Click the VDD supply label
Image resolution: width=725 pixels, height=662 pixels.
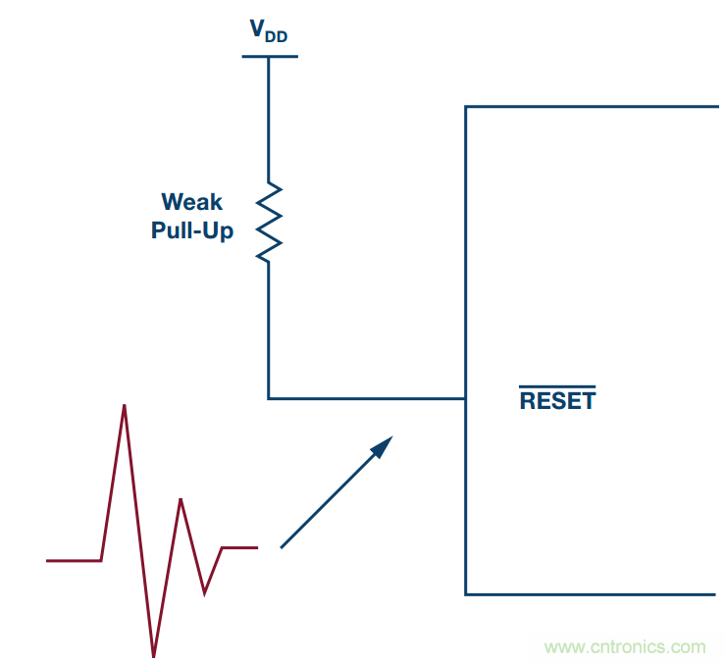pyautogui.click(x=269, y=31)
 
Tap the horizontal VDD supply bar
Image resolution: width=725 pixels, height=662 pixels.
pyautogui.click(x=269, y=56)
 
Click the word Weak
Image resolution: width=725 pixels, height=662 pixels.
pyautogui.click(x=192, y=202)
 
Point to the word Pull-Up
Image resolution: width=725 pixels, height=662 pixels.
pyautogui.click(x=192, y=231)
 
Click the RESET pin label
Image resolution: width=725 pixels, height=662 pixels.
pyautogui.click(x=557, y=401)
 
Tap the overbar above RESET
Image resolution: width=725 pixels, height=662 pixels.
pyautogui.click(x=557, y=387)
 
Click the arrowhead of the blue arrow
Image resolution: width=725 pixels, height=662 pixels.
pyautogui.click(x=385, y=444)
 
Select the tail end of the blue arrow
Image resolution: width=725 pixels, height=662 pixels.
pyautogui.click(x=283, y=546)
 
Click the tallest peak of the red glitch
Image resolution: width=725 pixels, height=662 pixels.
pyautogui.click(x=125, y=405)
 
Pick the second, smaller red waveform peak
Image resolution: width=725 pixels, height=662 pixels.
pyautogui.click(x=181, y=500)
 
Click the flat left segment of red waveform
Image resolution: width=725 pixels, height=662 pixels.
pyautogui.click(x=74, y=560)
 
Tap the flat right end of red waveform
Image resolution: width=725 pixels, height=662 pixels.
pyautogui.click(x=240, y=547)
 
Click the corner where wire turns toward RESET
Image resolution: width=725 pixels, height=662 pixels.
pyautogui.click(x=269, y=398)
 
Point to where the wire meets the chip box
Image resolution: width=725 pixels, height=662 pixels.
pyautogui.click(x=465, y=398)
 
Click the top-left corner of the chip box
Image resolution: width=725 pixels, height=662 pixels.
pyautogui.click(x=466, y=107)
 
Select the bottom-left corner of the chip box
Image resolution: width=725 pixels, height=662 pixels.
pyautogui.click(x=466, y=593)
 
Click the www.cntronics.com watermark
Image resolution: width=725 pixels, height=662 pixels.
pyautogui.click(x=625, y=646)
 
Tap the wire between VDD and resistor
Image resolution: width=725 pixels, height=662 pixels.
pyautogui.click(x=269, y=118)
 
